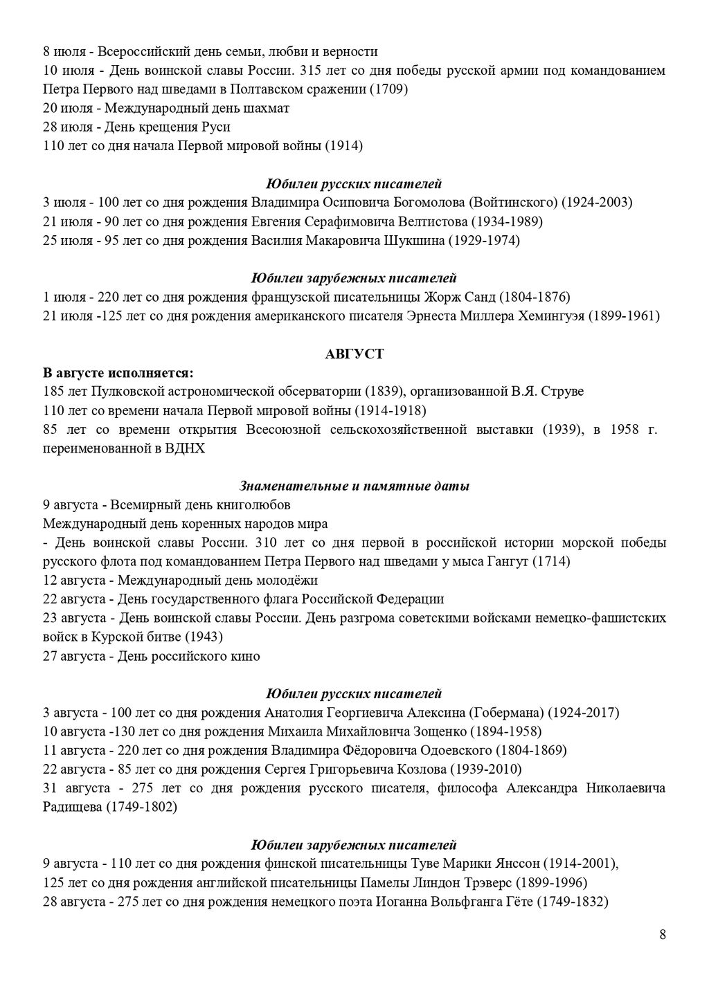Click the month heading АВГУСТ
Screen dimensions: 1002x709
pyautogui.click(x=354, y=354)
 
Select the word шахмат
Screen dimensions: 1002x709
pyautogui.click(x=267, y=108)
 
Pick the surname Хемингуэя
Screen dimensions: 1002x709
pyautogui.click(x=551, y=316)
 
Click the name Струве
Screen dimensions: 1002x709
pyautogui.click(x=564, y=392)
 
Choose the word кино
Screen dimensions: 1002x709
pyautogui.click(x=247, y=656)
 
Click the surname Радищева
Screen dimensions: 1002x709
pyautogui.click(x=73, y=807)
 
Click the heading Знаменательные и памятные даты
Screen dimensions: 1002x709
pyautogui.click(x=354, y=486)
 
